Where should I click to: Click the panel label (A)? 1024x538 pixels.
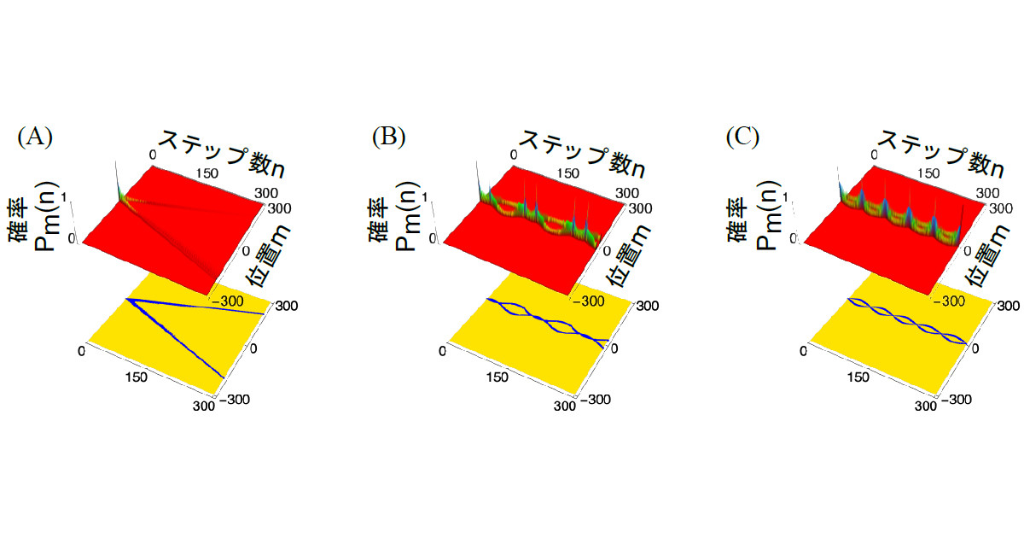35,137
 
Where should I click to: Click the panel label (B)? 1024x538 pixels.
389,137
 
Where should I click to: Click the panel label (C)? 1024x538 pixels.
743,137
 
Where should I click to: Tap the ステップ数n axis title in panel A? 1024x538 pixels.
222,154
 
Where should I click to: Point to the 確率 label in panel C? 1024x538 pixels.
737,219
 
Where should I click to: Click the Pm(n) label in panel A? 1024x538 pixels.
47,216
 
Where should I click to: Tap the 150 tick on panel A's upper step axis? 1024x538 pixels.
207,173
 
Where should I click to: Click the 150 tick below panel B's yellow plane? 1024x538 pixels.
497,377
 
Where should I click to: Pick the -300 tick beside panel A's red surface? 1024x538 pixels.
225,301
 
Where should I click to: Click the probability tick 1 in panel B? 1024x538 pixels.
425,197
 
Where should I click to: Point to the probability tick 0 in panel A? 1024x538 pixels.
72,238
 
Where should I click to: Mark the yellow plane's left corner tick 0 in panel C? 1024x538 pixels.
803,351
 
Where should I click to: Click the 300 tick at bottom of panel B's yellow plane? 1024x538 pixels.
565,406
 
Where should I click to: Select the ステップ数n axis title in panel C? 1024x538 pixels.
942,154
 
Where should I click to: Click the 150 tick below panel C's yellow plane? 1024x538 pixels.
858,377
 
